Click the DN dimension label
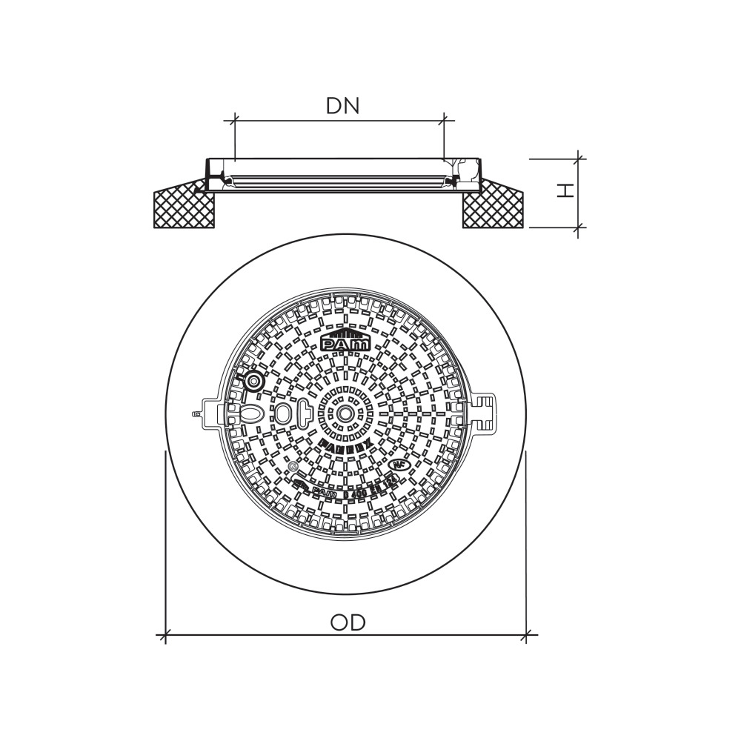[342, 106]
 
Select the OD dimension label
[348, 622]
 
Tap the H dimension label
[565, 190]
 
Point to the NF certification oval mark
[401, 465]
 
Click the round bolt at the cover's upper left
[253, 382]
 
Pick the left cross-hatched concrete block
[184, 208]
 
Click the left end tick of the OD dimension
[165, 634]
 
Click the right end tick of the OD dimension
[526, 634]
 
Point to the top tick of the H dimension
[578, 158]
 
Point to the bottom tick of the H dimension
[578, 227]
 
